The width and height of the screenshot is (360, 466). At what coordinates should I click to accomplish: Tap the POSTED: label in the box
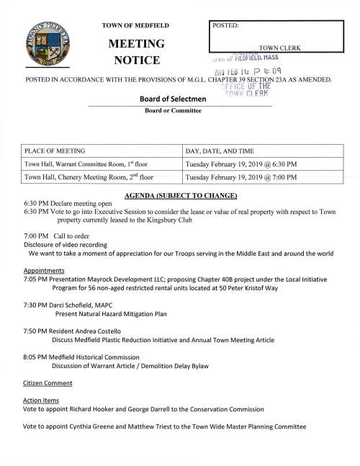coord(226,26)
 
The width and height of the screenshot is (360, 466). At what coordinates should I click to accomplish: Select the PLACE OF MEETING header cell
coord(55,151)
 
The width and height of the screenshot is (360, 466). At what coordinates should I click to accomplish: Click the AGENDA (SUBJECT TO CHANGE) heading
coord(181,196)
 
